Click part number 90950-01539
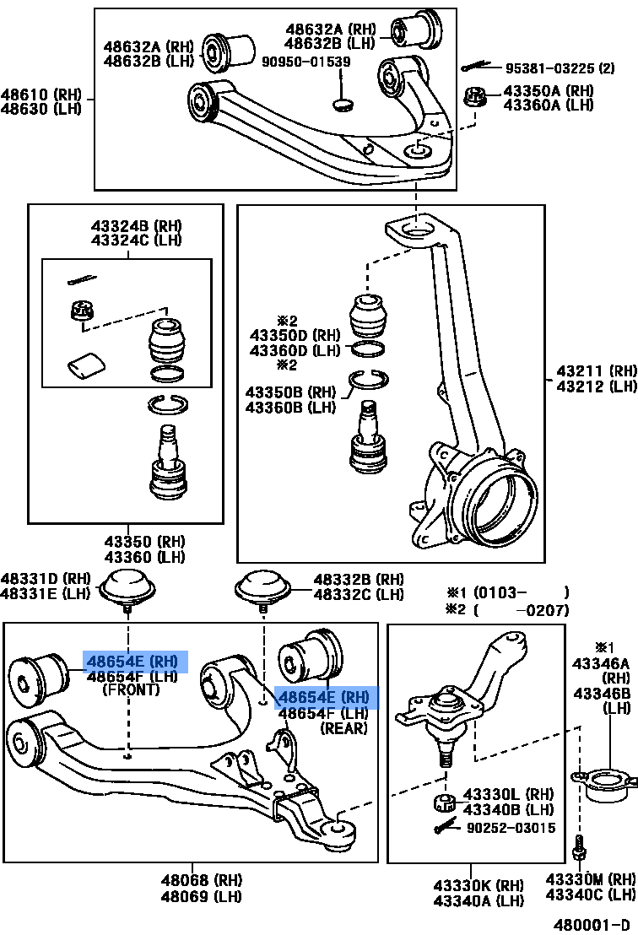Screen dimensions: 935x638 (305, 62)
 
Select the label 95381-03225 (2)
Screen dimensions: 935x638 (560, 68)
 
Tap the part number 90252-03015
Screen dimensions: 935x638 (511, 828)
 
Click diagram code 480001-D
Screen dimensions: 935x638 (590, 923)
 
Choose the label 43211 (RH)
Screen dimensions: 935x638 (596, 370)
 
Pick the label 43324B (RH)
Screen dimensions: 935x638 (136, 226)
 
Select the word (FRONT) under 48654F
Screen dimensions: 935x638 (131, 689)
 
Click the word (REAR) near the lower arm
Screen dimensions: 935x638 (343, 728)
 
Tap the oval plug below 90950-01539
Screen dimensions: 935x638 (343, 105)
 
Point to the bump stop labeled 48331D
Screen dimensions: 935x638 (127, 586)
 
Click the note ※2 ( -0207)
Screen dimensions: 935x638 (508, 610)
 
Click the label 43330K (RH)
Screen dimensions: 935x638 (478, 885)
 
